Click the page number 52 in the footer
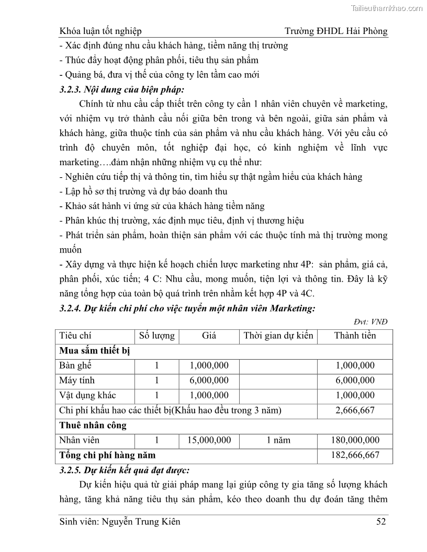pos(382,521)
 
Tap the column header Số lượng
pos(156,336)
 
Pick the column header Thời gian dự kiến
pos(278,336)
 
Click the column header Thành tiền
pos(355,336)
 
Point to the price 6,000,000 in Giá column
pos(209,381)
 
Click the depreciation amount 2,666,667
pos(355,410)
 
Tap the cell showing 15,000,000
pos(209,440)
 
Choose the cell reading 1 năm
pos(278,440)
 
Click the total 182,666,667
pos(355,455)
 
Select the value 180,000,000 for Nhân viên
pos(355,440)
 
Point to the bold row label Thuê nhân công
pos(93,425)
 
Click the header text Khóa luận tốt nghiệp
pos(101,31)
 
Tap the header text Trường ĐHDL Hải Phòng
pos(336,31)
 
